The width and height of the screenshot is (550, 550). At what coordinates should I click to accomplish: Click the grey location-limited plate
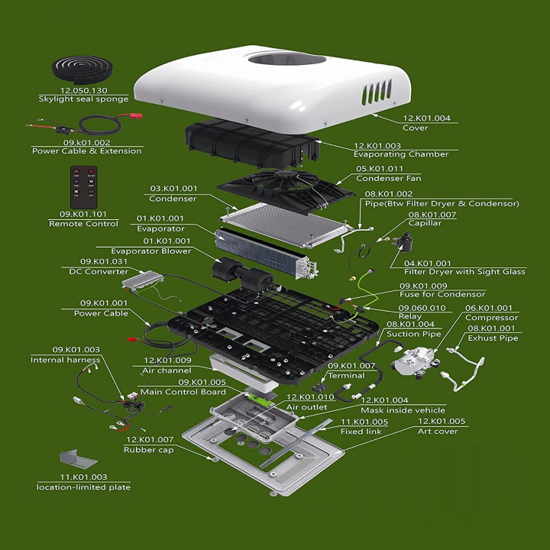point(78,460)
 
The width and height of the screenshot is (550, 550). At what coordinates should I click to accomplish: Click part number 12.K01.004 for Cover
point(426,118)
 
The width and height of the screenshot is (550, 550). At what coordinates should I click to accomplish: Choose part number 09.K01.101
point(83,214)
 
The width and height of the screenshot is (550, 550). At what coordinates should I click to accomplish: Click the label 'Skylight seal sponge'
point(83,99)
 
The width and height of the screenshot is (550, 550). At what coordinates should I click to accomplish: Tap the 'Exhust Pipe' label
point(493,338)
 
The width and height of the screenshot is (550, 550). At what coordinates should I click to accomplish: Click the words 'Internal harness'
point(65,360)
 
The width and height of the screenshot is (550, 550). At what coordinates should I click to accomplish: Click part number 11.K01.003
point(83,477)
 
